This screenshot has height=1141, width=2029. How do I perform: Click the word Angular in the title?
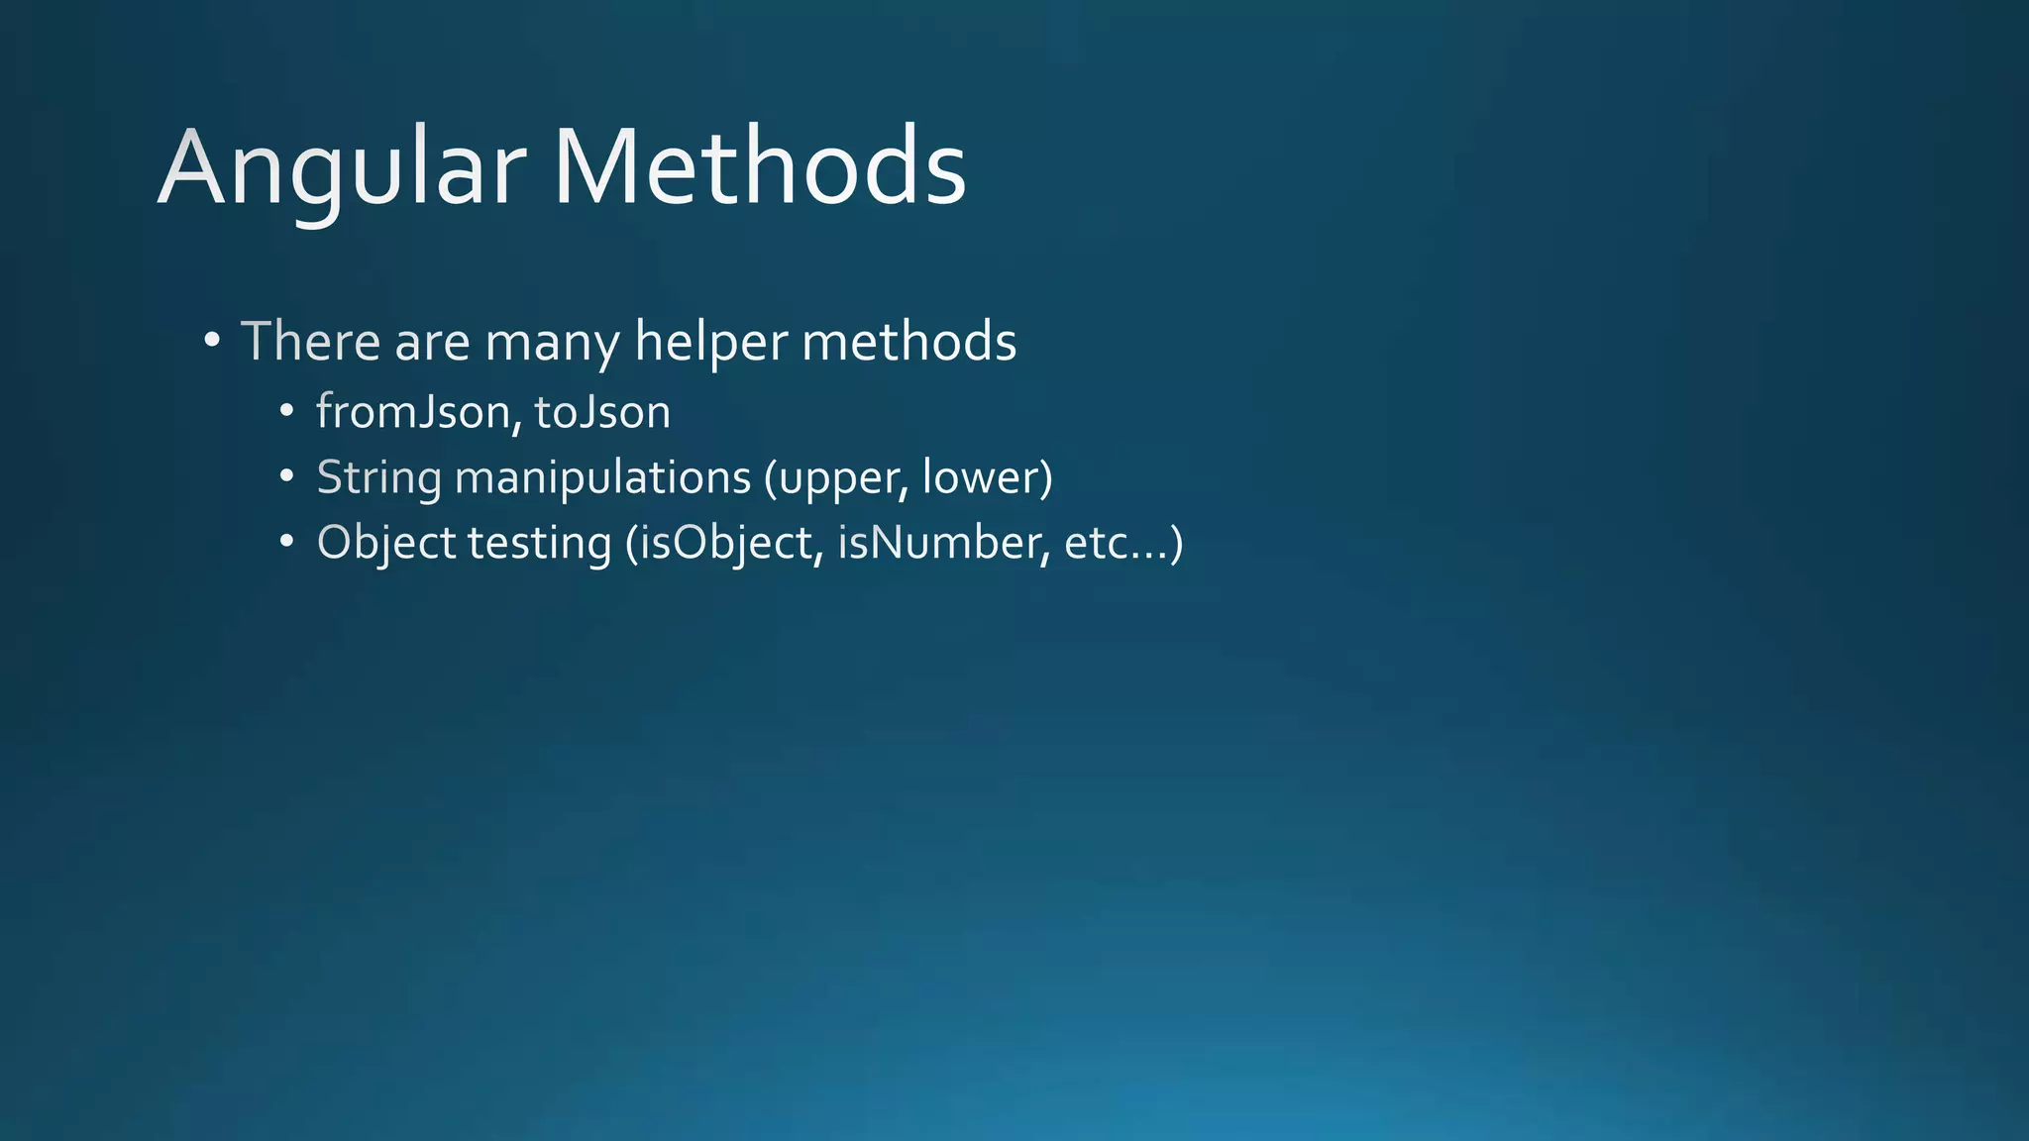(341, 168)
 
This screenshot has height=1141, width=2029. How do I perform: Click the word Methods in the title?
(759, 168)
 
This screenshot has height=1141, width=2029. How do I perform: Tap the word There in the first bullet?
(310, 342)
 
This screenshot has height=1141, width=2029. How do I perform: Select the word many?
(553, 344)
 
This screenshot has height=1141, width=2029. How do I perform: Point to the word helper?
(711, 344)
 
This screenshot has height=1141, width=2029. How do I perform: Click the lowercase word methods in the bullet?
(908, 342)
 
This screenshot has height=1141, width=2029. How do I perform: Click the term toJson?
(602, 412)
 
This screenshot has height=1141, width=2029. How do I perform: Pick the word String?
(378, 478)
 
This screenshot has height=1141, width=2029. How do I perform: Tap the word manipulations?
(602, 478)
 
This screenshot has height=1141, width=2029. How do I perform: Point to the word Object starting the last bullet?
(386, 544)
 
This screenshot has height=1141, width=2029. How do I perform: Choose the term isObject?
(730, 544)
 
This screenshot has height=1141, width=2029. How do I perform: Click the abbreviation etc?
(1097, 544)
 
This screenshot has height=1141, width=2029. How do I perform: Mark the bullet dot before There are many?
(211, 342)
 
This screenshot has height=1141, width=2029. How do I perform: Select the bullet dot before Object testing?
(286, 542)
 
